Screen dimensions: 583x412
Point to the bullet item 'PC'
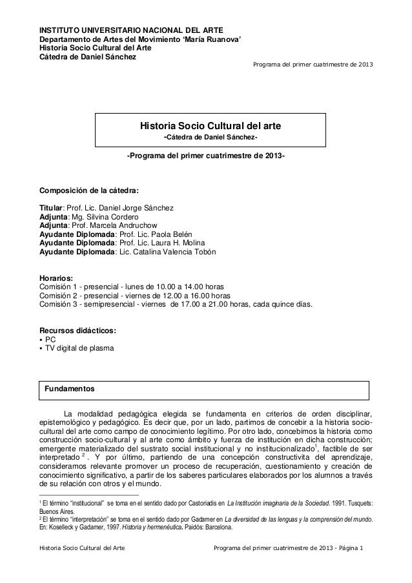click(x=50, y=340)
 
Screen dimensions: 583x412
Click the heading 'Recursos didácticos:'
click(x=78, y=331)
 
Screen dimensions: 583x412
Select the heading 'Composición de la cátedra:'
click(x=89, y=191)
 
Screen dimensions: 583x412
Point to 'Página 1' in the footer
click(x=349, y=549)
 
